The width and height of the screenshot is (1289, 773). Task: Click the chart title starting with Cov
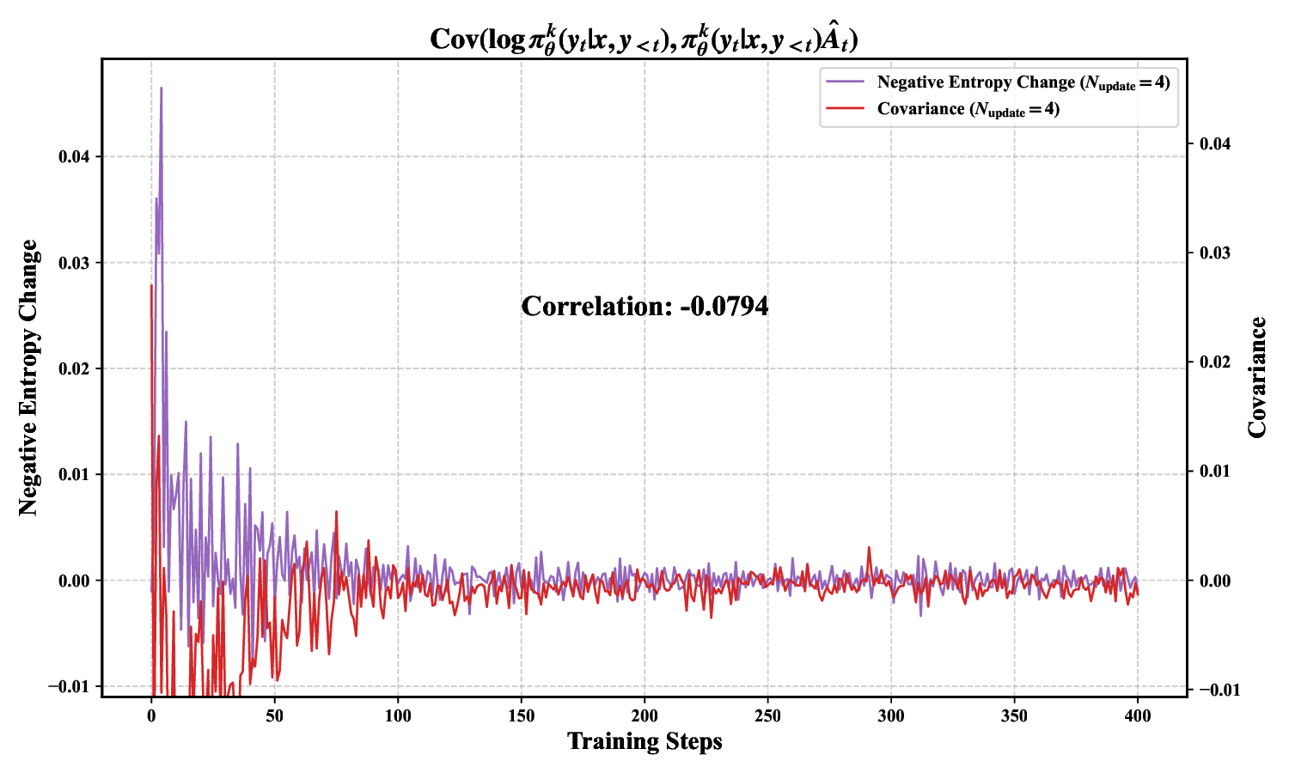tap(644, 39)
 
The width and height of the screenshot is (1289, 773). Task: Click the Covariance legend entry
tap(968, 109)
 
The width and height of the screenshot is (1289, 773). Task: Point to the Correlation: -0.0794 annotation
tap(644, 307)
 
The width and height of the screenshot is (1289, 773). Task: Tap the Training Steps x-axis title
tap(644, 741)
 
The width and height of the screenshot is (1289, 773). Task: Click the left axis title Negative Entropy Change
tap(29, 378)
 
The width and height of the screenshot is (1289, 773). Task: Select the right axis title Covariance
tap(1257, 378)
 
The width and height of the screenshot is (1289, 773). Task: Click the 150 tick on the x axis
tap(521, 716)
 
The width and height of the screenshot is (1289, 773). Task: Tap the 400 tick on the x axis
tap(1138, 716)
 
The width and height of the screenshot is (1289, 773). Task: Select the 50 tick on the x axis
tap(274, 716)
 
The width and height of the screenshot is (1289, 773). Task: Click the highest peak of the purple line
tap(161, 88)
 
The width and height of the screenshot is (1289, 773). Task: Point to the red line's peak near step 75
tap(336, 512)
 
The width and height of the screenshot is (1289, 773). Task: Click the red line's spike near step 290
tap(869, 547)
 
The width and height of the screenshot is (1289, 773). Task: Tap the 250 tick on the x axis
tap(767, 716)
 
